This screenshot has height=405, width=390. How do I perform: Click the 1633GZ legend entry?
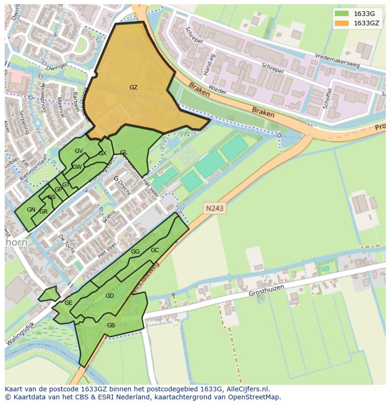[x=359, y=23]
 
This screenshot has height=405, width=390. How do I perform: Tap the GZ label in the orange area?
[x=133, y=87]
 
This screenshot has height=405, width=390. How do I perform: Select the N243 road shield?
[x=214, y=207]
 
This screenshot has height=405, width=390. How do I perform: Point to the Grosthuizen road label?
[x=267, y=293]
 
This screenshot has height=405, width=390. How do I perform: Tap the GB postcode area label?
[x=111, y=326]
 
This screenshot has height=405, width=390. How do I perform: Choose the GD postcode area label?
[x=110, y=296]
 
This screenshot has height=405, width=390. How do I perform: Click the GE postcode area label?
[x=68, y=303]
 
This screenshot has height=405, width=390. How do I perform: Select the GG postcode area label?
[x=135, y=252]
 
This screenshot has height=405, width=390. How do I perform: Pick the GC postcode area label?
[x=154, y=250]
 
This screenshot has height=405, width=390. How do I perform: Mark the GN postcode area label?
[x=31, y=210]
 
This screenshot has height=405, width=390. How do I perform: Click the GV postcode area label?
[x=79, y=151]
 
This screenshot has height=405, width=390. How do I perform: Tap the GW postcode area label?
[x=77, y=167]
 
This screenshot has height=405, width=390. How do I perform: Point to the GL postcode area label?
[x=123, y=152]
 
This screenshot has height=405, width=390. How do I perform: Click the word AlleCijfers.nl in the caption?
[x=246, y=389]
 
